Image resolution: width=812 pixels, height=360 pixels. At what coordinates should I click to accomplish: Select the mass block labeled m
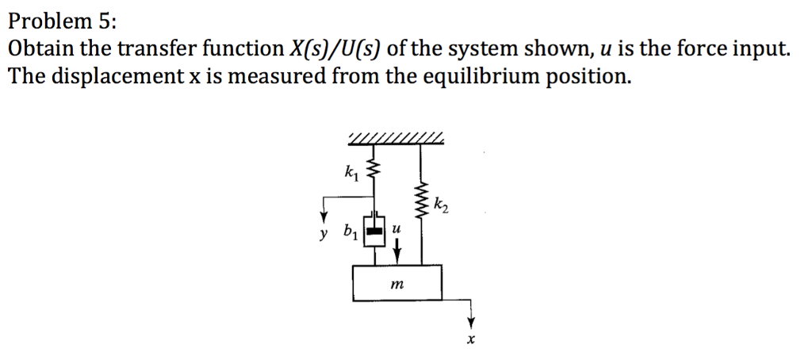tap(396, 283)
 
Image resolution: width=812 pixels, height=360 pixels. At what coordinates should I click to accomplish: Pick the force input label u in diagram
tap(397, 228)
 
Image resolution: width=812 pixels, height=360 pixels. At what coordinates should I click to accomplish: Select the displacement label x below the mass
tap(470, 341)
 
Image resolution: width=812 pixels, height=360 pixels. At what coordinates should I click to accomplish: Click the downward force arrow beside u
tap(397, 248)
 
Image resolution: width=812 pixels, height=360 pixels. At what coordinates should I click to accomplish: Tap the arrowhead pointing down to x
tap(470, 322)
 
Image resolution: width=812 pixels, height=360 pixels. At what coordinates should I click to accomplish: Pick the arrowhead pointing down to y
tap(324, 216)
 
